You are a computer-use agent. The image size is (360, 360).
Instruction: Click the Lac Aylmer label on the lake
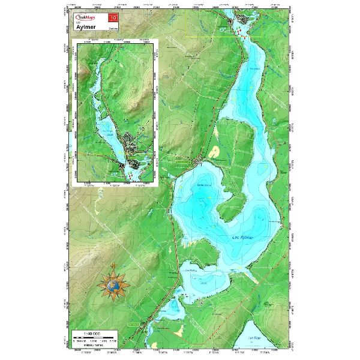(x=242, y=238)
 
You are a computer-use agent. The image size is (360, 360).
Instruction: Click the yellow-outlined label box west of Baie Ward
(x=181, y=161)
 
